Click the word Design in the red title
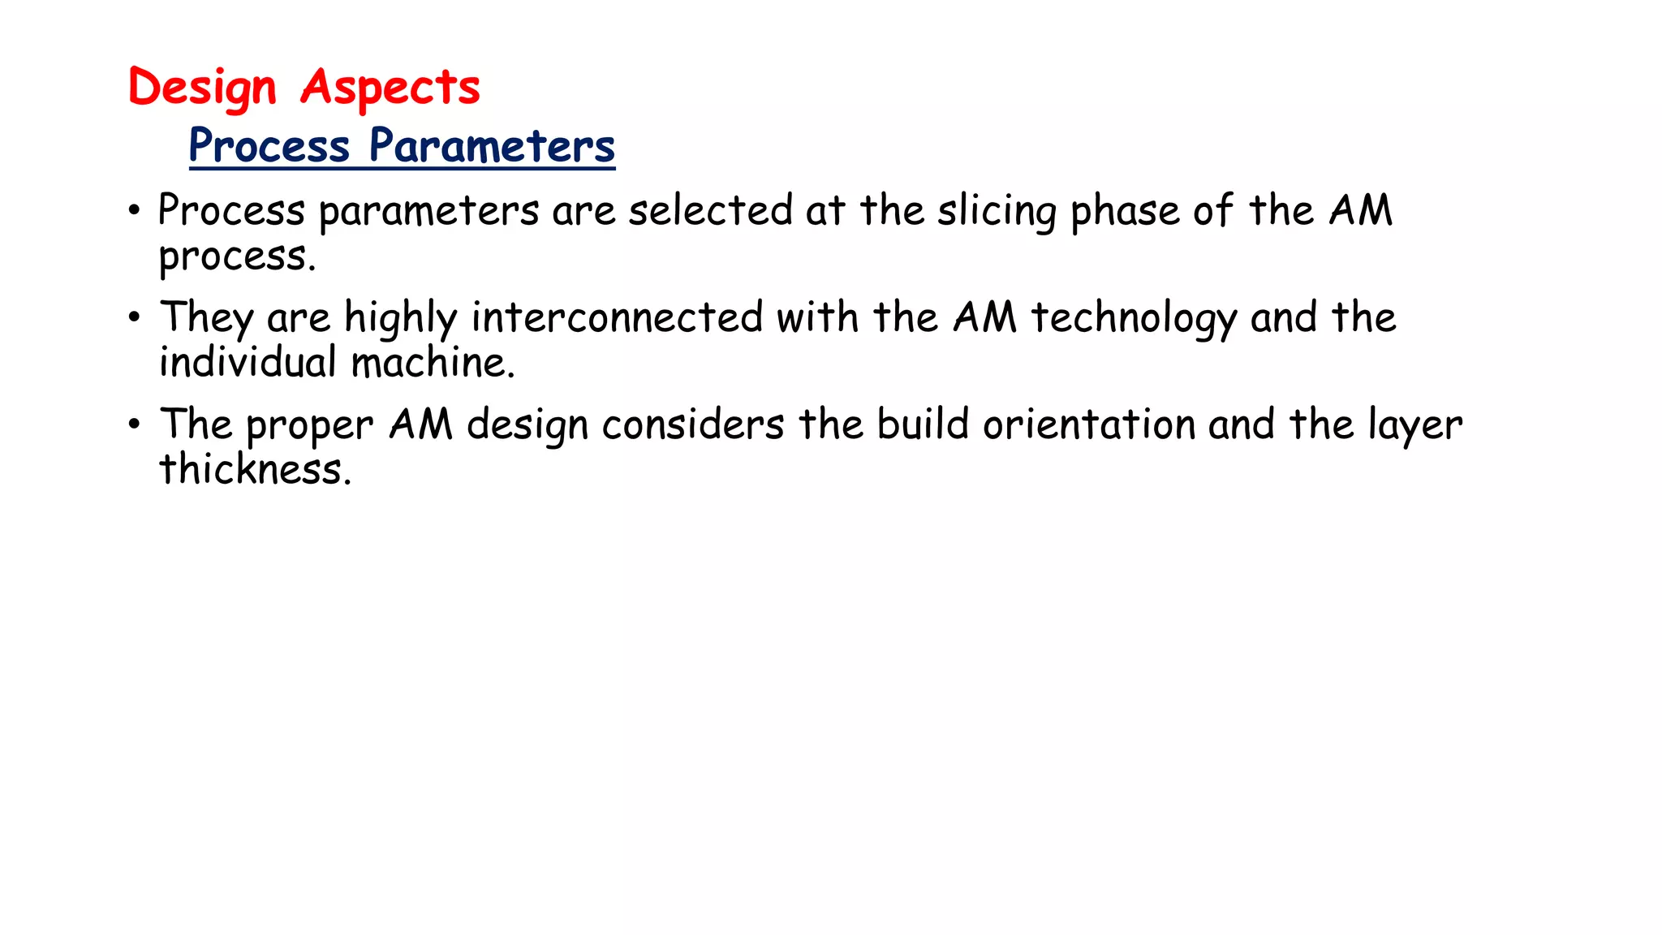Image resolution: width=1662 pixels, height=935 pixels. point(202,88)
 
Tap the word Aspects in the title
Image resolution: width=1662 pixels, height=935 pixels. point(390,88)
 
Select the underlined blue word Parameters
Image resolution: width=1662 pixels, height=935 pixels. point(492,146)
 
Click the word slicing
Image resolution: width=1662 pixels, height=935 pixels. point(997,211)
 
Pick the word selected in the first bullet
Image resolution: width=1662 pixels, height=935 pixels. point(710,210)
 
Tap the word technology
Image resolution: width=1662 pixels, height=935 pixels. point(1134,318)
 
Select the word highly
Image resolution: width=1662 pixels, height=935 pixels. point(401,318)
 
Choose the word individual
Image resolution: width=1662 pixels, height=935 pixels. point(248,362)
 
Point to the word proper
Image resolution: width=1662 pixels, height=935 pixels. point(309,426)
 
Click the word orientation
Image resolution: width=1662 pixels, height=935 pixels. point(1089,424)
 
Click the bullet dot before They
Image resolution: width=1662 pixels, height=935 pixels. point(135,317)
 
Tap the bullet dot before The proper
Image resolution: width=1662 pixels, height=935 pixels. point(135,424)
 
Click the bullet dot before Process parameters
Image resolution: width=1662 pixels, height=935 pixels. point(135,211)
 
